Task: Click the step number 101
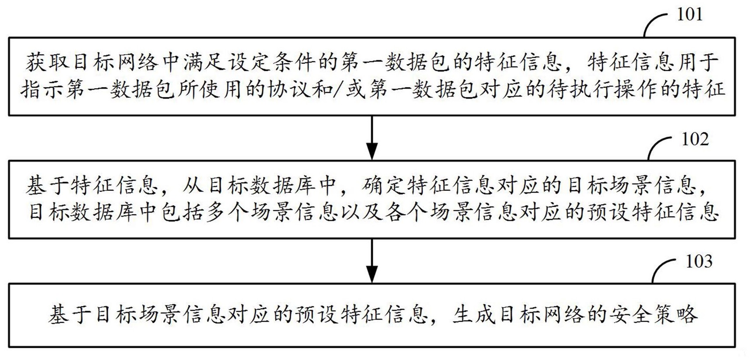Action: point(689,15)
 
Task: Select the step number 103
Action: point(699,261)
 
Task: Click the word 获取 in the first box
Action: point(48,63)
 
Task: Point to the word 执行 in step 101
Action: point(605,89)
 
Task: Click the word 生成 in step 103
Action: point(474,315)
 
